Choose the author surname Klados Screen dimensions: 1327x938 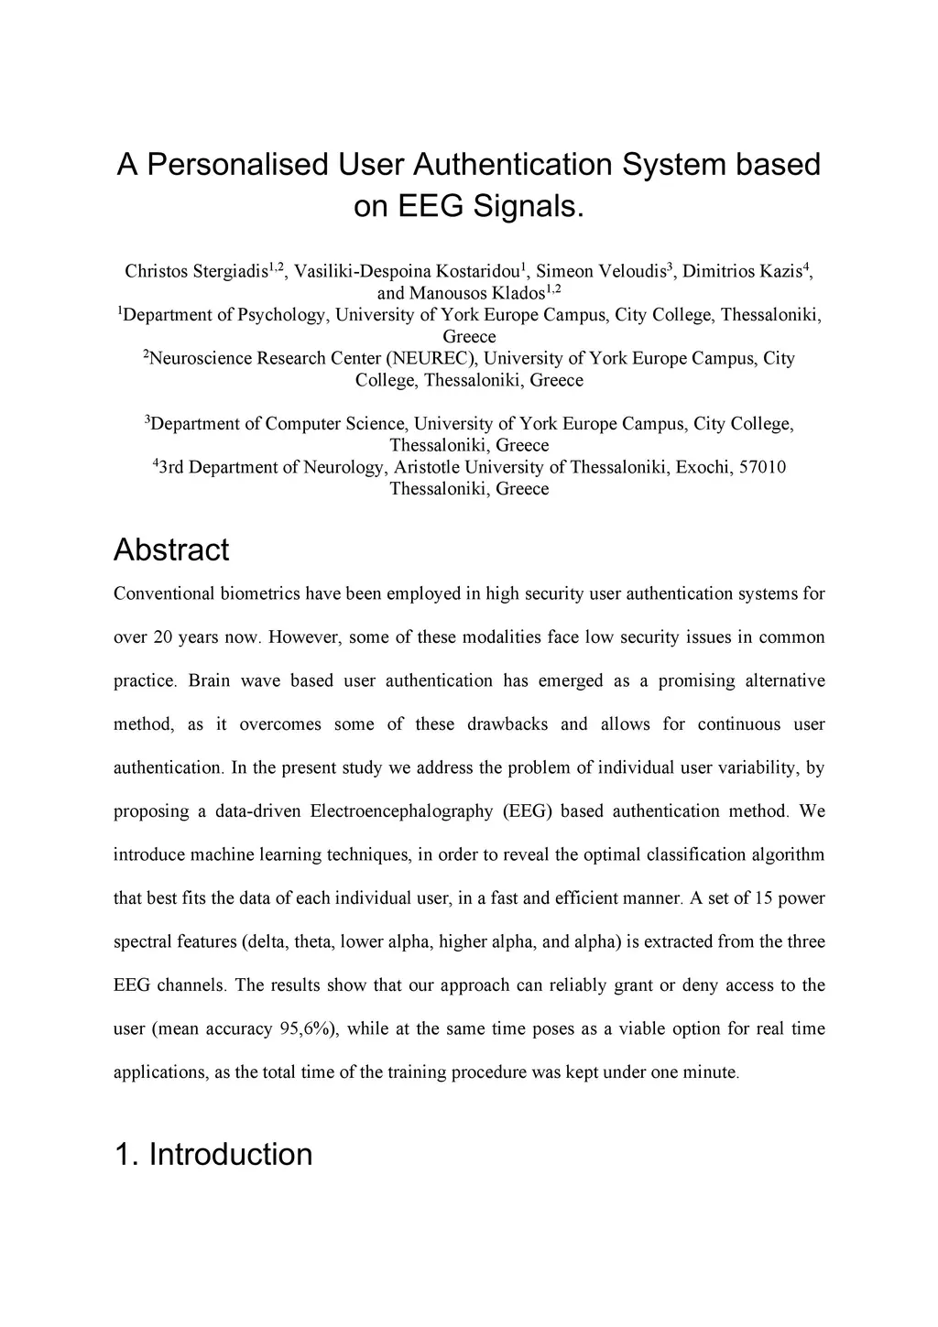click(x=510, y=293)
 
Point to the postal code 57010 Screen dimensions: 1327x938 click(x=762, y=467)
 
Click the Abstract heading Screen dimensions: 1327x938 click(x=171, y=550)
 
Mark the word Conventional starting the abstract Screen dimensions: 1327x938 click(x=163, y=593)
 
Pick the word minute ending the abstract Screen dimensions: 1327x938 click(x=710, y=1072)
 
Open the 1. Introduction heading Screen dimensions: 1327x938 click(x=213, y=1155)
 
